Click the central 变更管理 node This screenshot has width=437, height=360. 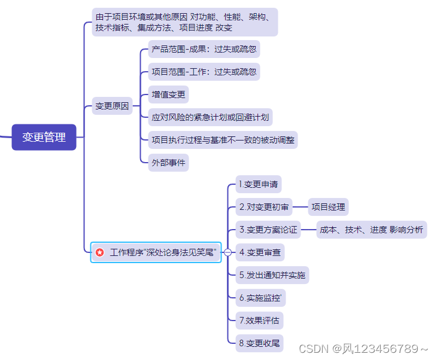pyautogui.click(x=44, y=137)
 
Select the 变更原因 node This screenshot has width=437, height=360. pyautogui.click(x=112, y=106)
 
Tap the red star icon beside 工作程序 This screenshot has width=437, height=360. pyautogui.click(x=100, y=252)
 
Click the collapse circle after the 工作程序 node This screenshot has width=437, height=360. pyautogui.click(x=227, y=252)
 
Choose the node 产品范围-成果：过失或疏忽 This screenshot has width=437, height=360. pyautogui.click(x=204, y=49)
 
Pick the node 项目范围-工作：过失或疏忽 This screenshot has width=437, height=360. pyautogui.click(x=204, y=72)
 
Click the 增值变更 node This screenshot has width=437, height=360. pyautogui.click(x=169, y=94)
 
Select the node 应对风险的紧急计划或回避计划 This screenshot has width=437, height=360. pyautogui.click(x=210, y=117)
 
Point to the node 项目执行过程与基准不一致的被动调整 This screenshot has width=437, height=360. pyautogui.click(x=223, y=140)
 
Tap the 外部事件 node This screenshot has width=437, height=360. pyautogui.click(x=169, y=162)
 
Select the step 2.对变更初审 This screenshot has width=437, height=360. pyautogui.click(x=263, y=207)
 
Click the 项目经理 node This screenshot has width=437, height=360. pyautogui.click(x=328, y=207)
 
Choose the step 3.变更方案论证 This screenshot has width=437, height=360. pyautogui.click(x=268, y=230)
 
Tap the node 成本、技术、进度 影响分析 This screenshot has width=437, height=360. pyautogui.click(x=371, y=230)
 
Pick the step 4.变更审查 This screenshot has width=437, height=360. pyautogui.click(x=260, y=252)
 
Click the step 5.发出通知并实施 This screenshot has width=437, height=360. pyautogui.click(x=272, y=275)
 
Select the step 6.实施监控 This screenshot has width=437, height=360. pyautogui.click(x=260, y=298)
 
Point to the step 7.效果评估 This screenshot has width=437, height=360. pyautogui.click(x=259, y=320)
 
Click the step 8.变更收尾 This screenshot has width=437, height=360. pyautogui.click(x=259, y=343)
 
